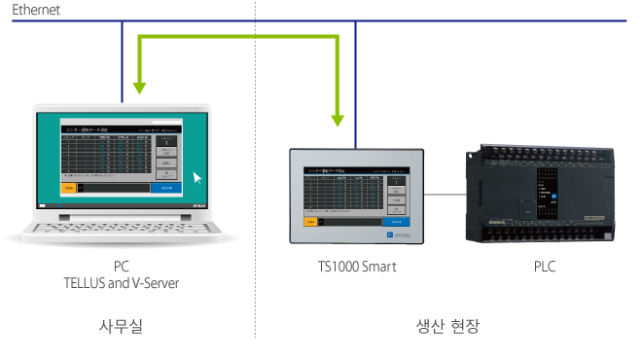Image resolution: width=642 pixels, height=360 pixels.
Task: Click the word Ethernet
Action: (36, 10)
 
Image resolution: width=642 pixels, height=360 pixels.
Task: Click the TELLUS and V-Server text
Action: (123, 282)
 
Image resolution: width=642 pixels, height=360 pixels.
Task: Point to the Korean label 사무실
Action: (122, 326)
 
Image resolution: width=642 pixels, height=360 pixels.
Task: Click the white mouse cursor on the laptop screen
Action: (198, 178)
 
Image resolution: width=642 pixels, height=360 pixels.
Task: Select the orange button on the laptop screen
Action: (67, 187)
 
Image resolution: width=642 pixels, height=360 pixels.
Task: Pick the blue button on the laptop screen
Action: (166, 187)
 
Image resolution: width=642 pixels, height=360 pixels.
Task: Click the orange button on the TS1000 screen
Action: (310, 221)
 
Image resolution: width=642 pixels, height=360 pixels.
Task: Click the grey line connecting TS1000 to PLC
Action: (443, 195)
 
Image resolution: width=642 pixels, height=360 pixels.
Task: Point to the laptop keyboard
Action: (123, 230)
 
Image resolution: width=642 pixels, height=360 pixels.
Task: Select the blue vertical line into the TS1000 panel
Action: (356, 88)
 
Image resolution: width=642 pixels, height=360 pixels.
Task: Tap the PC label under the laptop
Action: (123, 267)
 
